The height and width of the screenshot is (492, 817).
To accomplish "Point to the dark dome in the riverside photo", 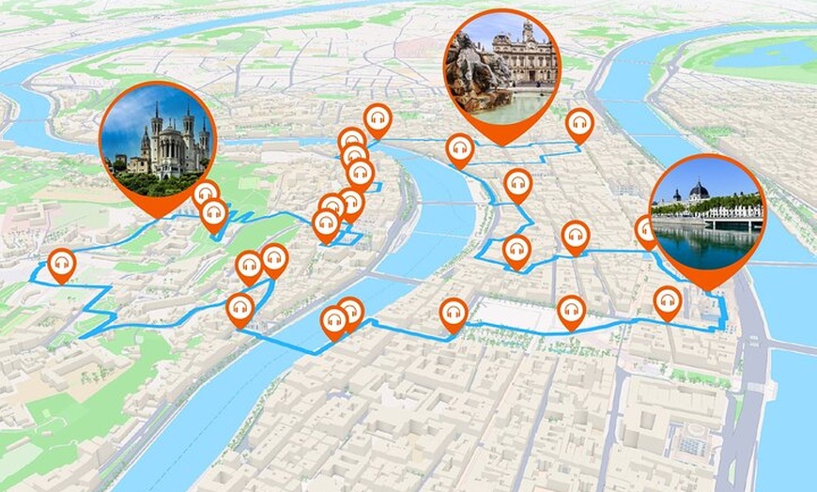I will click(x=698, y=191).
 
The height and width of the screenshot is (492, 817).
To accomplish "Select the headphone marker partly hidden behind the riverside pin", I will click(x=645, y=231).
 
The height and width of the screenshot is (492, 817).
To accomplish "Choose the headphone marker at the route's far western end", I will click(x=62, y=265).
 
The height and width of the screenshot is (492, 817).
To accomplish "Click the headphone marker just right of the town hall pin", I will click(x=579, y=125).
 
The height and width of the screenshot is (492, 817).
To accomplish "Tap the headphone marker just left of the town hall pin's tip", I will click(x=459, y=149).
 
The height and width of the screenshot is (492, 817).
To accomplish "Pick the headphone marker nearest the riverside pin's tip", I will click(x=668, y=301).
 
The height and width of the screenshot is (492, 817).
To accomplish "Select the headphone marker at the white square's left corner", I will click(x=454, y=315).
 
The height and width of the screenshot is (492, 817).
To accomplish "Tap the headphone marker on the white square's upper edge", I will click(x=571, y=310).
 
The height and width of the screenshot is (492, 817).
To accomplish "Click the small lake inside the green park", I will click(x=761, y=54).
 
